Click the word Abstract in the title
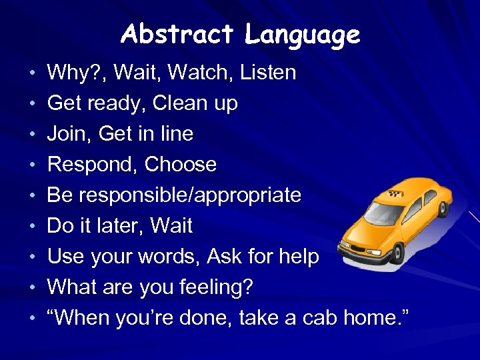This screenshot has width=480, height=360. (177, 34)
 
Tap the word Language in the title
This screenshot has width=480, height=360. (302, 34)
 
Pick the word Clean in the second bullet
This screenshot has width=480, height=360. (179, 103)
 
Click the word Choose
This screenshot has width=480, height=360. (181, 165)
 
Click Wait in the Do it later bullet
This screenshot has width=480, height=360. (172, 226)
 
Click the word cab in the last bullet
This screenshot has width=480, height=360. (315, 318)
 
